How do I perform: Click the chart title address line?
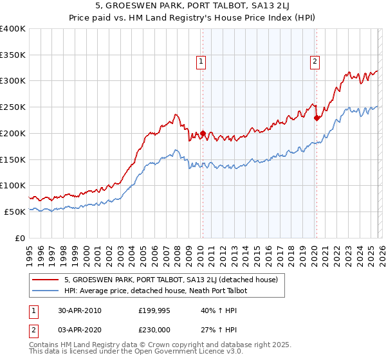(192, 7)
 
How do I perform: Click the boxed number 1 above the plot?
(201, 62)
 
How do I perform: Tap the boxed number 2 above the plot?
(315, 62)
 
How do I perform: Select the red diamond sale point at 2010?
(203, 134)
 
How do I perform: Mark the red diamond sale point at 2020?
(316, 118)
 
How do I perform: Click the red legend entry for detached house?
(170, 280)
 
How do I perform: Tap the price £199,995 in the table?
(155, 310)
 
